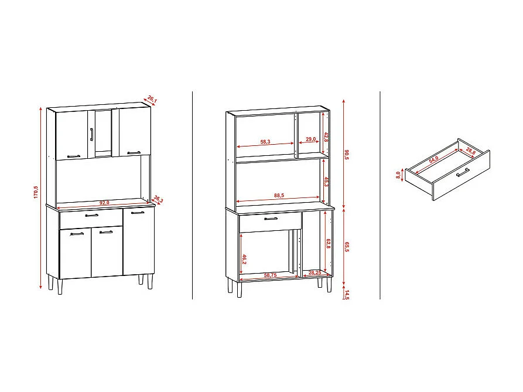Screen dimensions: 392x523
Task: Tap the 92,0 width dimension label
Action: [x=104, y=203]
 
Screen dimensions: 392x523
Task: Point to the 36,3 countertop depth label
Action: [x=158, y=199]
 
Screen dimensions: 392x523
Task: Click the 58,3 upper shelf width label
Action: [x=265, y=141]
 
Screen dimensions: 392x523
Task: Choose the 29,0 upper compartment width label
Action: [x=310, y=139]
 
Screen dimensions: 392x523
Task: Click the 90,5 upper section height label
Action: [x=347, y=154]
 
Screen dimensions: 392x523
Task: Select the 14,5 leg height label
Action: [x=347, y=294]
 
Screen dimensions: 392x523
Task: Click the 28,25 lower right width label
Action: [x=314, y=272]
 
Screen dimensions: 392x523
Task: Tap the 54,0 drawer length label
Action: [x=434, y=159]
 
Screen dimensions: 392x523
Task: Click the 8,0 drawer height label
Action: [x=398, y=175]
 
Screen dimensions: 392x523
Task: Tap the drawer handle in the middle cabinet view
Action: [x=270, y=219]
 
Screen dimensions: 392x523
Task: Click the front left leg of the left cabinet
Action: [x=60, y=286]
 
